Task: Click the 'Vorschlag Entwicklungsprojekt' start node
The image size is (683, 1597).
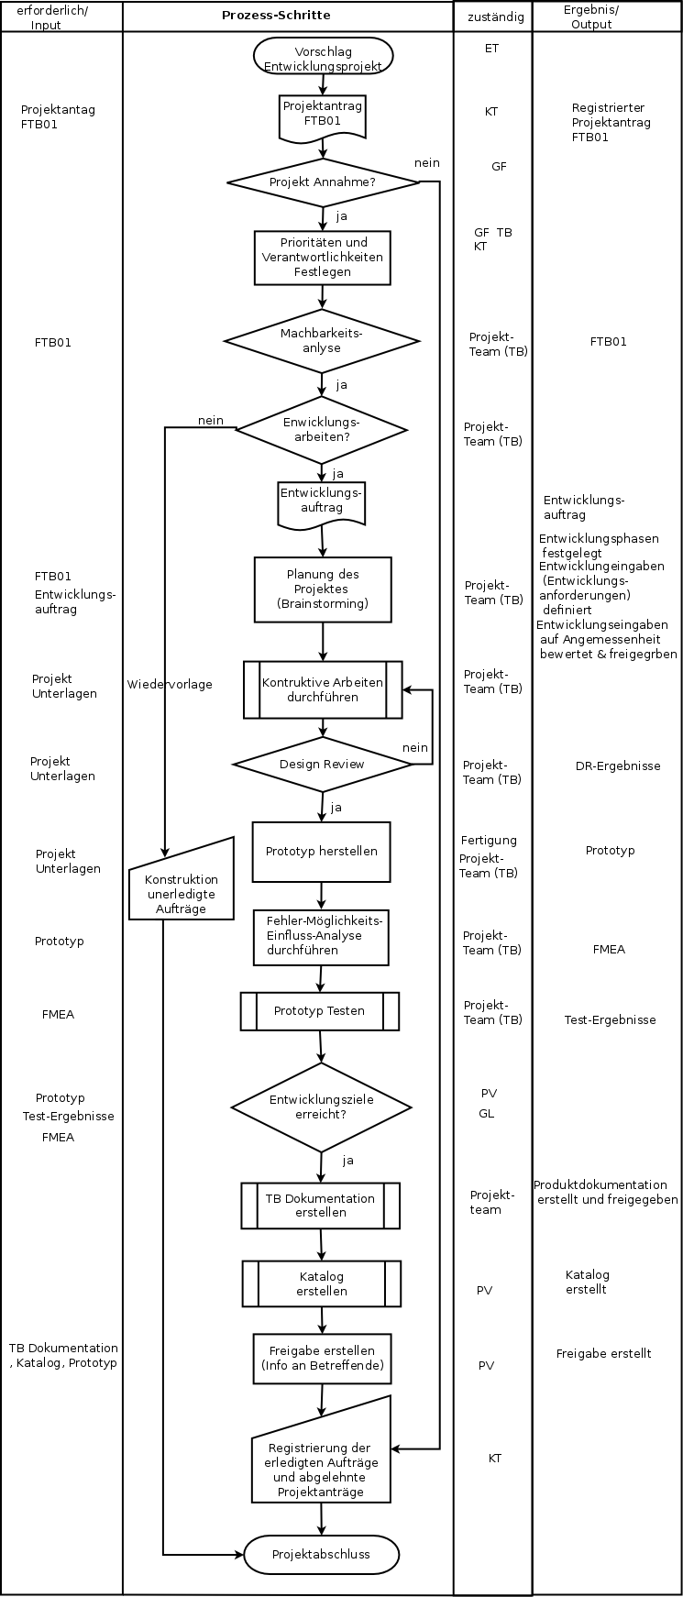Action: tap(323, 59)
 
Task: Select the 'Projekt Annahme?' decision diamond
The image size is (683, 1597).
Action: tap(323, 182)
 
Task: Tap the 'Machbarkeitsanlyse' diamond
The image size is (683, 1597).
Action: tap(322, 341)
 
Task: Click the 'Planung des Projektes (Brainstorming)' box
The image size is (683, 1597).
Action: tap(323, 589)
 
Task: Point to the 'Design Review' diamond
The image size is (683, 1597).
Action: tap(323, 764)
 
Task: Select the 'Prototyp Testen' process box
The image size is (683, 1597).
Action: tap(320, 1011)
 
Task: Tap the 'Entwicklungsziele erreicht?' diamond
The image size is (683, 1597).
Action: tap(322, 1107)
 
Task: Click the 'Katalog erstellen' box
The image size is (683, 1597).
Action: tap(322, 1283)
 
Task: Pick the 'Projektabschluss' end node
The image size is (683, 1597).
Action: tap(322, 1555)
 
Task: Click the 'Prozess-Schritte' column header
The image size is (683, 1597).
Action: tap(276, 16)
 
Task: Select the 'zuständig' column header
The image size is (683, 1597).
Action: tap(496, 17)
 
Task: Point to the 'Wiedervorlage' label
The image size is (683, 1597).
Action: tap(170, 684)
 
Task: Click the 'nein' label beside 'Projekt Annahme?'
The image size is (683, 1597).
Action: tap(427, 163)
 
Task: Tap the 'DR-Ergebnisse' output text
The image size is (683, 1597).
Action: tap(618, 766)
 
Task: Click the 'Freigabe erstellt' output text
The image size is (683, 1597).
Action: tap(604, 1353)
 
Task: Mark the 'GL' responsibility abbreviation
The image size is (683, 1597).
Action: tap(486, 1114)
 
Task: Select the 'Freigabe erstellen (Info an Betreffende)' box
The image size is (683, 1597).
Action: tap(322, 1359)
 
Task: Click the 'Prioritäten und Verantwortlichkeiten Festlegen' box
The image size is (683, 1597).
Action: tap(323, 258)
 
